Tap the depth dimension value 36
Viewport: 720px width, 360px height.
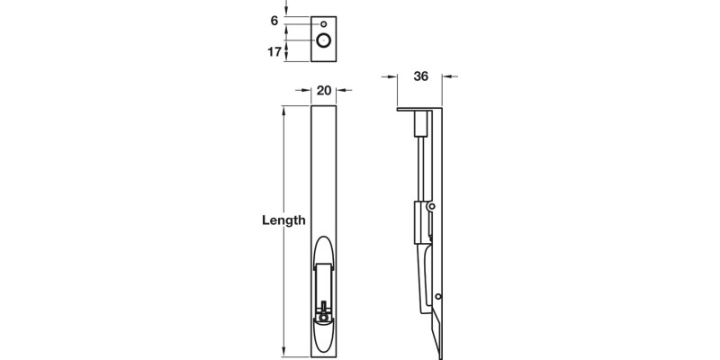419,77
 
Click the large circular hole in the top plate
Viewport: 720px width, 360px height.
324,40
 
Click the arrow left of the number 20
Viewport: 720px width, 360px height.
306,90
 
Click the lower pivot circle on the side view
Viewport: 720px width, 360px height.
437,297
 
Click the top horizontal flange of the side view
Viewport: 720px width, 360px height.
415,111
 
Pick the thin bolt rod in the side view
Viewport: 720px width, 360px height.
419,171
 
